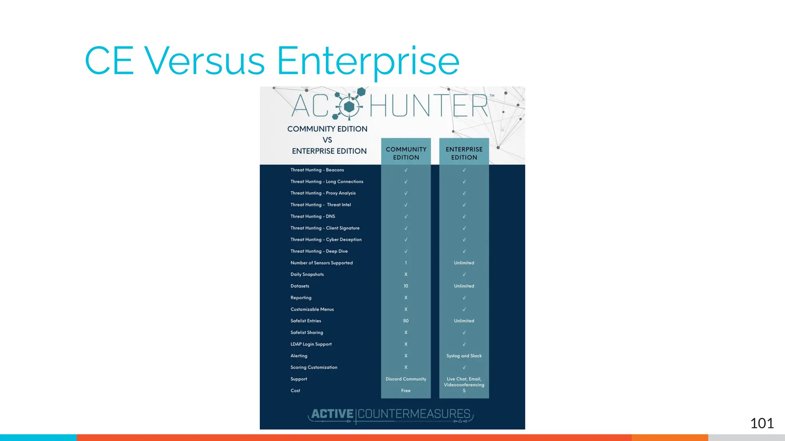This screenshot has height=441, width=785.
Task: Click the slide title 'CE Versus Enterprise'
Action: coord(272,60)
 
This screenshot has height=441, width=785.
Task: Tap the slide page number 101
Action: coord(762,423)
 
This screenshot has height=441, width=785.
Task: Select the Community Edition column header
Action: coord(406,153)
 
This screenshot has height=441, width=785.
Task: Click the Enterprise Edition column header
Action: coord(464,153)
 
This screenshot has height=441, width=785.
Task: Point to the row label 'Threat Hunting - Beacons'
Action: coord(317,170)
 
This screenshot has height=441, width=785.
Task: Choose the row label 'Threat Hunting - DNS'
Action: coord(313,216)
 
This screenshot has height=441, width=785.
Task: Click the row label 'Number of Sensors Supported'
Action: coord(322,263)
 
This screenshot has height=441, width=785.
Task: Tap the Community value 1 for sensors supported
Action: coord(406,263)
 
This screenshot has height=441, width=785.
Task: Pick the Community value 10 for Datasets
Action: coord(406,286)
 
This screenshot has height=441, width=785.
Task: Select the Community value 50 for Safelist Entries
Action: coord(406,321)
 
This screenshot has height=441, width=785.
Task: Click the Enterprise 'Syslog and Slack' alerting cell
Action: coord(464,356)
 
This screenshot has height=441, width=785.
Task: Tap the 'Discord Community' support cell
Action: coord(406,379)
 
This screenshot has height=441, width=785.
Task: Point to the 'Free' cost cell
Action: coord(406,391)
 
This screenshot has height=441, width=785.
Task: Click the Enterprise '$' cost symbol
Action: coord(464,391)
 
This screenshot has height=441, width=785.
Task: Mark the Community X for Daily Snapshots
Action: coord(406,274)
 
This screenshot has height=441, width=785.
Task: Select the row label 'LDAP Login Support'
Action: coord(311,344)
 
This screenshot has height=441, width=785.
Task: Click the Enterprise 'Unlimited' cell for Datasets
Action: coord(464,286)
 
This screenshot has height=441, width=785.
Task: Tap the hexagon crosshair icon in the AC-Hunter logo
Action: coord(349,106)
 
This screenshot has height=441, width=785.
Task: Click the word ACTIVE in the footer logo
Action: coord(332,414)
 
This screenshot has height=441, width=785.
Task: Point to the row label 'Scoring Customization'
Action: coord(314,367)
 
